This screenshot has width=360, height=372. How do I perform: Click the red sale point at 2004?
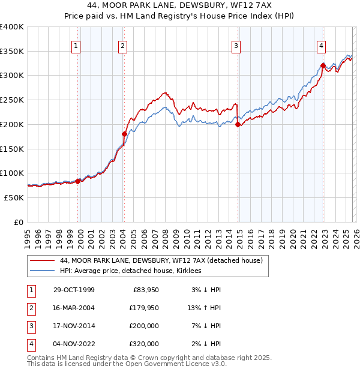click(x=124, y=134)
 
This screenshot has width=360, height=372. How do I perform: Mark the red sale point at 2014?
click(x=238, y=125)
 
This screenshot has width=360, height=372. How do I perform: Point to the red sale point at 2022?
click(x=323, y=66)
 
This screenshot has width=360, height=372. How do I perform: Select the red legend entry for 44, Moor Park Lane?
click(x=161, y=261)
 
